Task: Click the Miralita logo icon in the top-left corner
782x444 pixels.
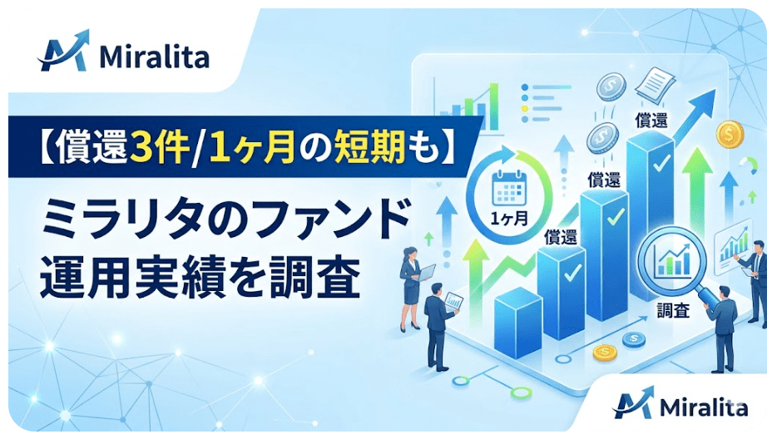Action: pyautogui.click(x=64, y=51)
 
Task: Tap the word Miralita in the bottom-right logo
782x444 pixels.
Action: pyautogui.click(x=704, y=408)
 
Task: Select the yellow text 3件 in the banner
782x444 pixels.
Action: pyautogui.click(x=160, y=146)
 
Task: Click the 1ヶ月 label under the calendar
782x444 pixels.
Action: pyautogui.click(x=509, y=219)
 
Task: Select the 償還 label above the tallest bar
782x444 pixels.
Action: pyautogui.click(x=651, y=120)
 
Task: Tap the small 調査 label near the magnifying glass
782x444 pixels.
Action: pyautogui.click(x=673, y=310)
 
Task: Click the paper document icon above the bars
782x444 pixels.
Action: pyautogui.click(x=656, y=85)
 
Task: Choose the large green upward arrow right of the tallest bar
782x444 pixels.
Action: pyautogui.click(x=696, y=191)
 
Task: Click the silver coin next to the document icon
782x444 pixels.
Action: pyautogui.click(x=611, y=86)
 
